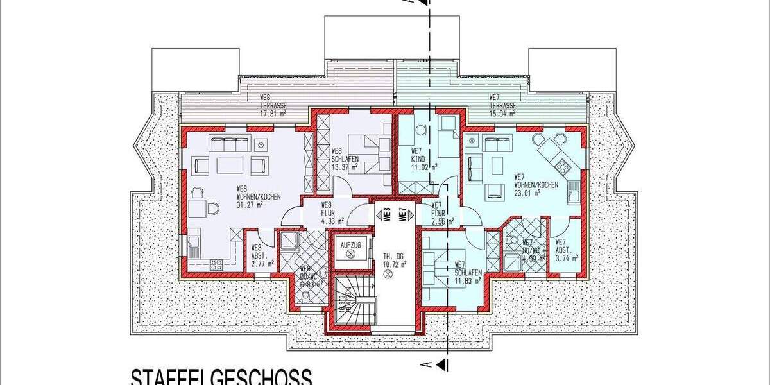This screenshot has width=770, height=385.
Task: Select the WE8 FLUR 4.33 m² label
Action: (332, 213)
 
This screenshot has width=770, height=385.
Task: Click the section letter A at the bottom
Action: (425, 365)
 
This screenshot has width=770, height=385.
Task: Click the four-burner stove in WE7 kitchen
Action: (562, 166)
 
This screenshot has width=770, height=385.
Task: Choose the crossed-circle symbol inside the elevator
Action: (350, 255)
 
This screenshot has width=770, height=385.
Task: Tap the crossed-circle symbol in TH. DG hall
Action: (387, 275)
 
